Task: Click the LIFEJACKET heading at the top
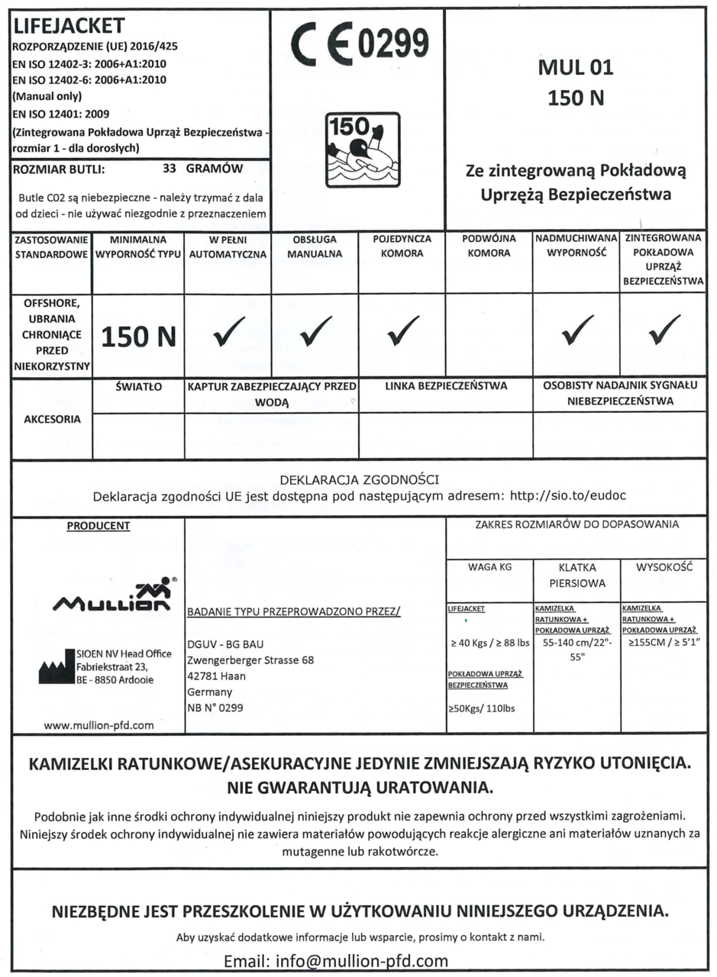[x=67, y=27]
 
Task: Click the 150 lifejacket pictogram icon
[x=362, y=150]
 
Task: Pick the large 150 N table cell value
[x=138, y=337]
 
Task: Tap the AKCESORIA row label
[x=51, y=419]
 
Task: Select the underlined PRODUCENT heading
[x=99, y=526]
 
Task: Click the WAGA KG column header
[x=489, y=568]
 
